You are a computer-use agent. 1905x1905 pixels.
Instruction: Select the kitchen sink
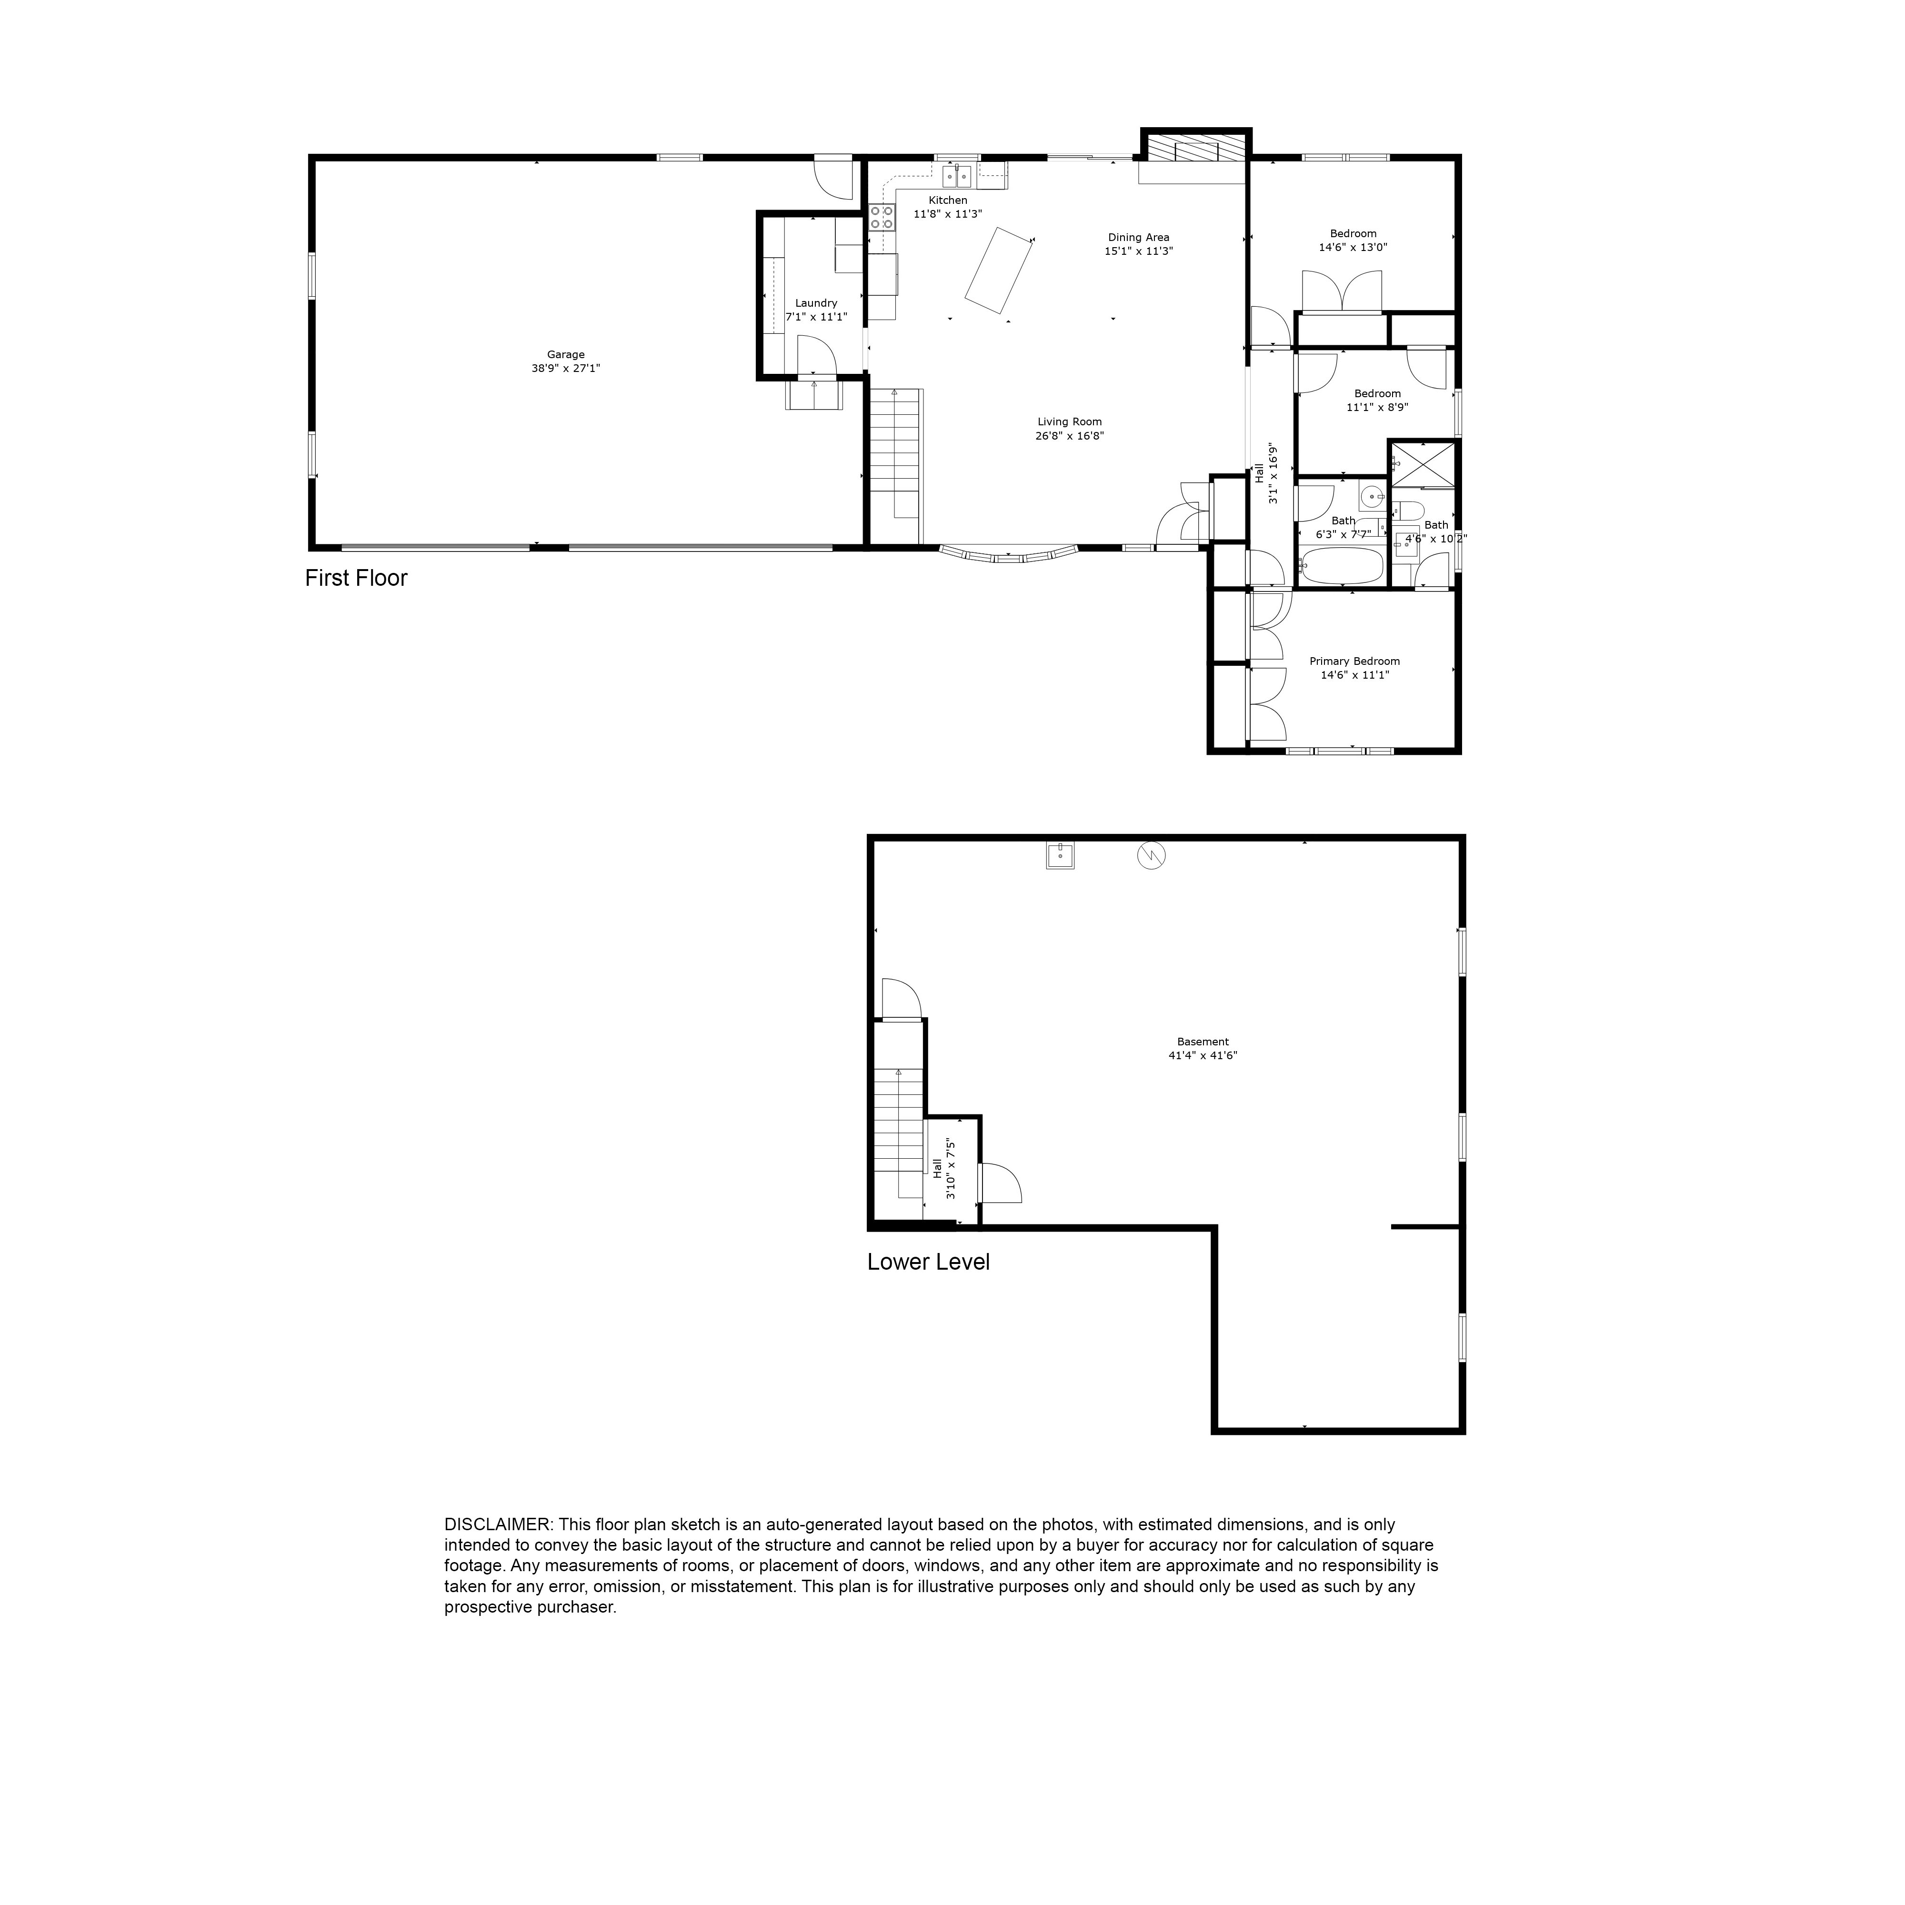(956, 177)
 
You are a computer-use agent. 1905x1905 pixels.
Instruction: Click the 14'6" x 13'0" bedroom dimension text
(1353, 248)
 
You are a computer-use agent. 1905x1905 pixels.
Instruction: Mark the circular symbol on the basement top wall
(1151, 855)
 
